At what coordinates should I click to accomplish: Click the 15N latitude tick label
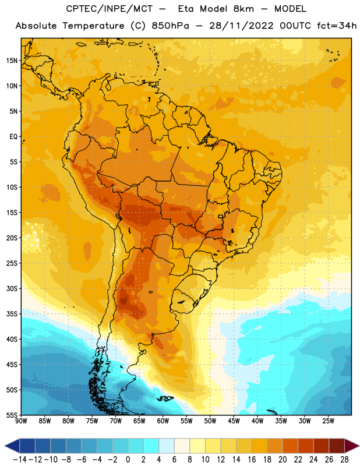(x=12, y=61)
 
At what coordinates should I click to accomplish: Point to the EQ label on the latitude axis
(x=13, y=137)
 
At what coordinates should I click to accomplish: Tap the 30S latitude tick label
(x=12, y=288)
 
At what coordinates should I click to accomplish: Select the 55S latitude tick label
(x=12, y=415)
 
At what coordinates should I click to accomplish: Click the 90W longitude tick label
(x=22, y=421)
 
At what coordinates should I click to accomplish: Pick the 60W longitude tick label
(x=163, y=421)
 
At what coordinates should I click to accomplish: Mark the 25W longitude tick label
(x=328, y=421)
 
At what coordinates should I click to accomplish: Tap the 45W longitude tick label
(x=234, y=421)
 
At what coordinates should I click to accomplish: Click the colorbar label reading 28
(x=344, y=460)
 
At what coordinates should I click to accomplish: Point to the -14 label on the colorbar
(x=20, y=460)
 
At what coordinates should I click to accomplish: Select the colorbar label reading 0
(x=128, y=460)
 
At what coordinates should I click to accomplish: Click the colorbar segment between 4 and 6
(x=167, y=446)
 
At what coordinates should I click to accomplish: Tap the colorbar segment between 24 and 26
(x=321, y=446)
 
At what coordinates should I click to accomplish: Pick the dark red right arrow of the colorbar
(x=352, y=446)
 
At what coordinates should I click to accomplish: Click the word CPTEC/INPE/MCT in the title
(x=110, y=9)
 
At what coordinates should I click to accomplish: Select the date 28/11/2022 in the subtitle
(x=241, y=26)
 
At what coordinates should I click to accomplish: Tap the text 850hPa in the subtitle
(x=170, y=26)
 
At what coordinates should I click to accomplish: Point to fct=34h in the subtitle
(x=337, y=26)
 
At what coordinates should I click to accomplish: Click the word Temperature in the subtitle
(x=93, y=26)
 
